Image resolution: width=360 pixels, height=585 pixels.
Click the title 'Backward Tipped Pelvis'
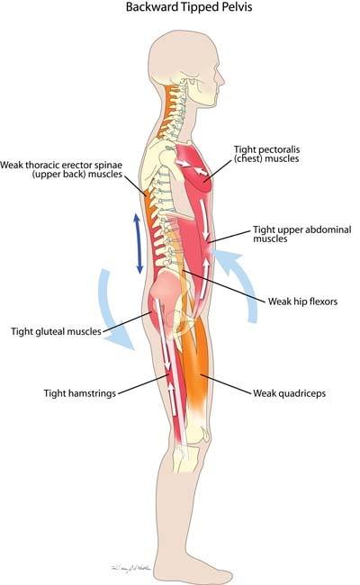(189, 7)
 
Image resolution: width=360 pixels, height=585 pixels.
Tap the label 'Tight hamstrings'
(80, 393)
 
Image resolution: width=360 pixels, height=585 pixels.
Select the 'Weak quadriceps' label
(290, 393)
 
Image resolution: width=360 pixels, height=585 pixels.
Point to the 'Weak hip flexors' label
(302, 301)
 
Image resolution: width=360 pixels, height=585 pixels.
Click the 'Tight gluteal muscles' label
(56, 331)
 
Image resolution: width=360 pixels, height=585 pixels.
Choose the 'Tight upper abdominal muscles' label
(302, 234)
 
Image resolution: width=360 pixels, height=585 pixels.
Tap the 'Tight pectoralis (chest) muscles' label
(266, 154)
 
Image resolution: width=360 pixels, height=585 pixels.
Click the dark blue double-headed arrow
(138, 243)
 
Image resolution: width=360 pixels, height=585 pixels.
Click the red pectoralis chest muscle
(194, 168)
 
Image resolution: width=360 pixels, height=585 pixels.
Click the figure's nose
(221, 80)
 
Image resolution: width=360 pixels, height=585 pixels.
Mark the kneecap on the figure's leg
(203, 435)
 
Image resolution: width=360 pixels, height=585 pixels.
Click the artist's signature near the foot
(130, 569)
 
